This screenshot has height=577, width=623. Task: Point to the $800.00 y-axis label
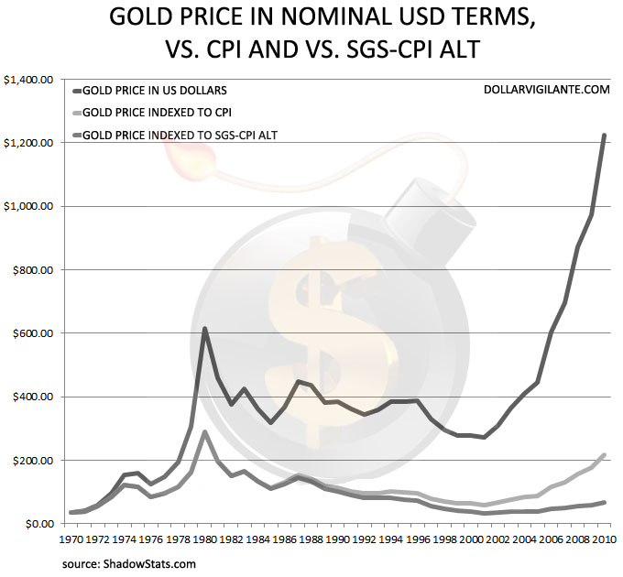(x=34, y=270)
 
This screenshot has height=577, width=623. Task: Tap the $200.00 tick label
(x=34, y=460)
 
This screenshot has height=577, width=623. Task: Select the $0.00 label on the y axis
(x=38, y=523)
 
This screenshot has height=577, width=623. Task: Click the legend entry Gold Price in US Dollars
(x=156, y=91)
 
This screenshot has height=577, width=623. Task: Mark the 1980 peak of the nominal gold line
(x=205, y=328)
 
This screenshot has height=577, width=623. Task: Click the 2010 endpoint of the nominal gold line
(x=605, y=136)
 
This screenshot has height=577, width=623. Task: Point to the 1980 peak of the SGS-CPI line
(x=205, y=431)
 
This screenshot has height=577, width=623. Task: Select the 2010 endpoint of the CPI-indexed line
(x=605, y=454)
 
